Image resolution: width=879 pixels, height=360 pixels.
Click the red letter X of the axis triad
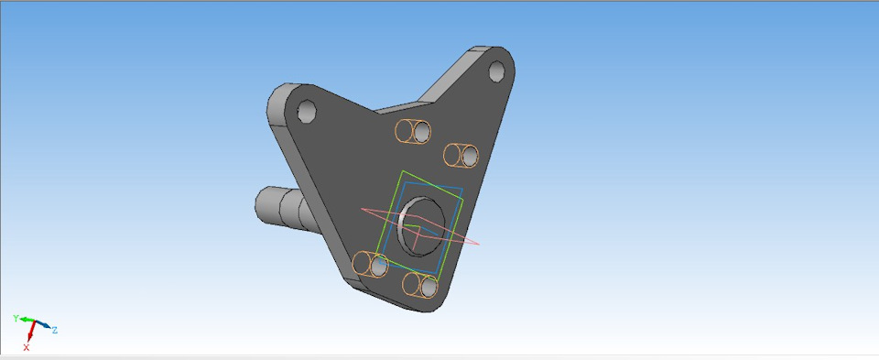pos(27,348)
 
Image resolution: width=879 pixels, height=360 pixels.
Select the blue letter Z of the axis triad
pos(54,331)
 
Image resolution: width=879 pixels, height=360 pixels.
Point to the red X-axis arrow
pos(31,331)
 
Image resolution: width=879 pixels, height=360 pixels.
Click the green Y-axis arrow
pos(27,321)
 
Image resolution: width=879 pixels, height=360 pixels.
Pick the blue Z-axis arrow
pos(43,325)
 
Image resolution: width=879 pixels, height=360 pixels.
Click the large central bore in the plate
pos(421,226)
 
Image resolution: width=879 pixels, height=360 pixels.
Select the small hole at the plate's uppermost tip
pos(496,71)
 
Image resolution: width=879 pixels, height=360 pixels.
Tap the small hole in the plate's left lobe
pos(307,111)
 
